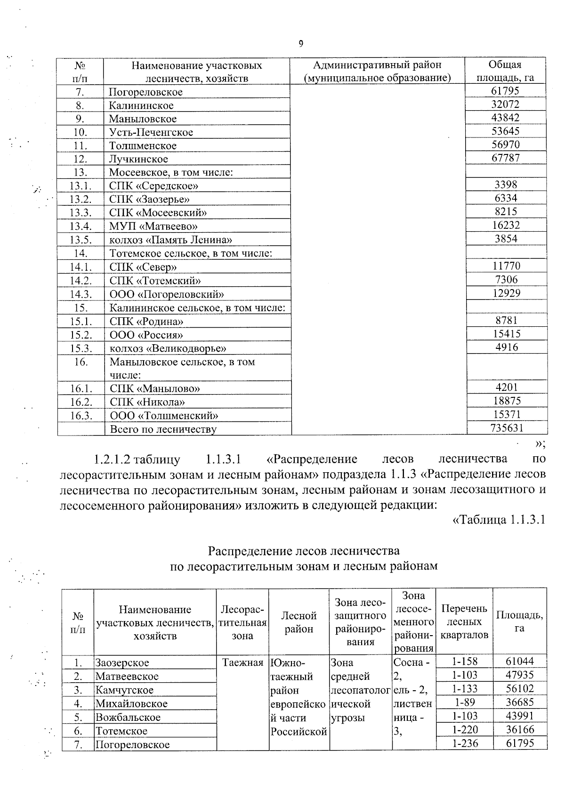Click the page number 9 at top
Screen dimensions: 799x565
click(x=301, y=44)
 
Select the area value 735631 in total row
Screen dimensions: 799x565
click(x=507, y=428)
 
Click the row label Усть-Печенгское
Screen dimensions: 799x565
click(x=151, y=132)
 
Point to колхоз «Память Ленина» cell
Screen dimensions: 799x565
click(x=171, y=240)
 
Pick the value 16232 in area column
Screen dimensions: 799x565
click(x=506, y=225)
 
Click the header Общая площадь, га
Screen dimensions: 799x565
click(x=505, y=71)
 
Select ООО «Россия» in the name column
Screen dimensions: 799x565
click(x=146, y=335)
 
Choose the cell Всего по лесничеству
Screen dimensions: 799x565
click(x=163, y=429)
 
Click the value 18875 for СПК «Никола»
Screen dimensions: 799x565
click(x=506, y=401)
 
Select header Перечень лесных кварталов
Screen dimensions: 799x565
click(x=464, y=621)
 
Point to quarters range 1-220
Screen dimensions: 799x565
click(x=464, y=730)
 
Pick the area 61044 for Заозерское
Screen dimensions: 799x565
click(x=519, y=662)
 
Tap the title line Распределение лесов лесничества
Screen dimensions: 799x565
click(x=304, y=550)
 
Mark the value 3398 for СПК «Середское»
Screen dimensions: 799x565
click(x=506, y=185)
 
